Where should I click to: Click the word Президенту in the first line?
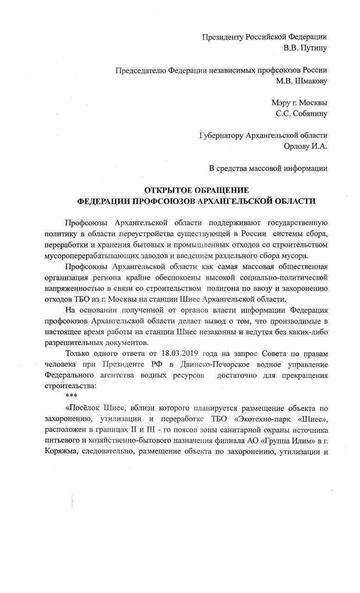click(x=223, y=37)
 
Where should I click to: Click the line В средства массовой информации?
click(x=268, y=168)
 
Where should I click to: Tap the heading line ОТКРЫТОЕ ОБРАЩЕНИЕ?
click(x=197, y=190)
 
